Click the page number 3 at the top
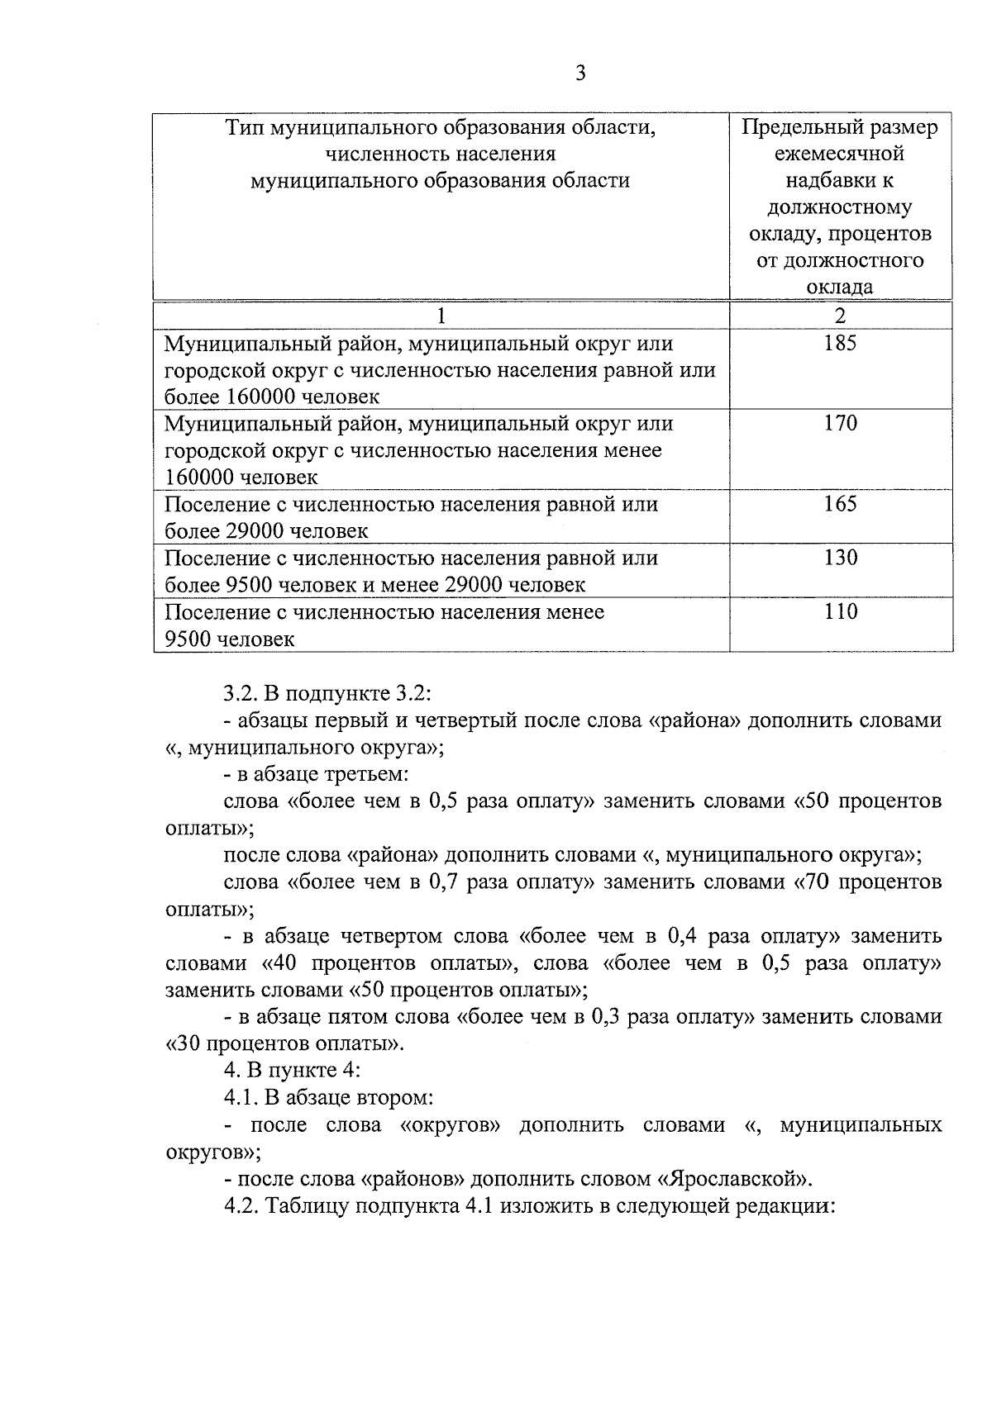pos(579,74)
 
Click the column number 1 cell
pos(441,316)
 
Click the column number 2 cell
pos(840,316)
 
